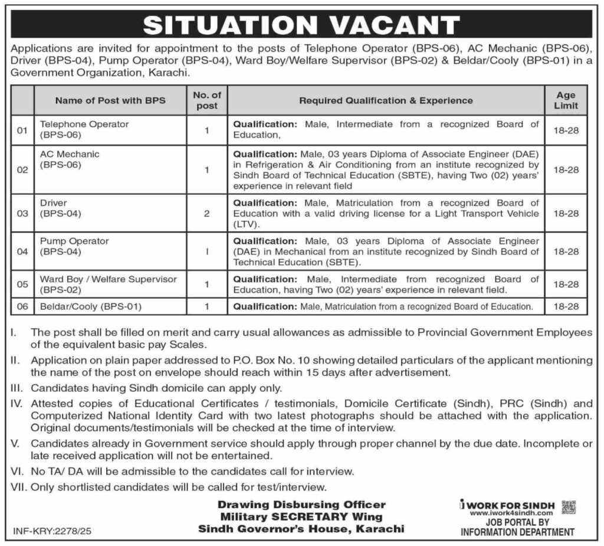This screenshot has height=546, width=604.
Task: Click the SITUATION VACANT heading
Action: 301,24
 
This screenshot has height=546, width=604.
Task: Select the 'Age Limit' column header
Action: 566,100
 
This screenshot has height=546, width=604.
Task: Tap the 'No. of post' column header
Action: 207,100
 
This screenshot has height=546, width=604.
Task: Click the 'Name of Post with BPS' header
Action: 110,100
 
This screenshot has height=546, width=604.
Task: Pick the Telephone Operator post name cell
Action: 84,129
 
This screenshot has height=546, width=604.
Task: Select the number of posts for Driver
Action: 207,213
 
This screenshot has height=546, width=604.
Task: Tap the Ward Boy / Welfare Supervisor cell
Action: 108,284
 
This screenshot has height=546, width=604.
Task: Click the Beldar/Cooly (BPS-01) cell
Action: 91,306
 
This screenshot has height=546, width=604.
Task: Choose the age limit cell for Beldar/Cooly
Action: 566,306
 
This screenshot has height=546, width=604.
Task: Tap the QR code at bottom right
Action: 569,507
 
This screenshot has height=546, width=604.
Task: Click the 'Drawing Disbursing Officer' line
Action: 301,505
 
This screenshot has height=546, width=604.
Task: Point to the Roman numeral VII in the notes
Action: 19,488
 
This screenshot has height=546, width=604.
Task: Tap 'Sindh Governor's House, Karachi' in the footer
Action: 301,529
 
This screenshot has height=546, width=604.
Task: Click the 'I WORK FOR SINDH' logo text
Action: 508,506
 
